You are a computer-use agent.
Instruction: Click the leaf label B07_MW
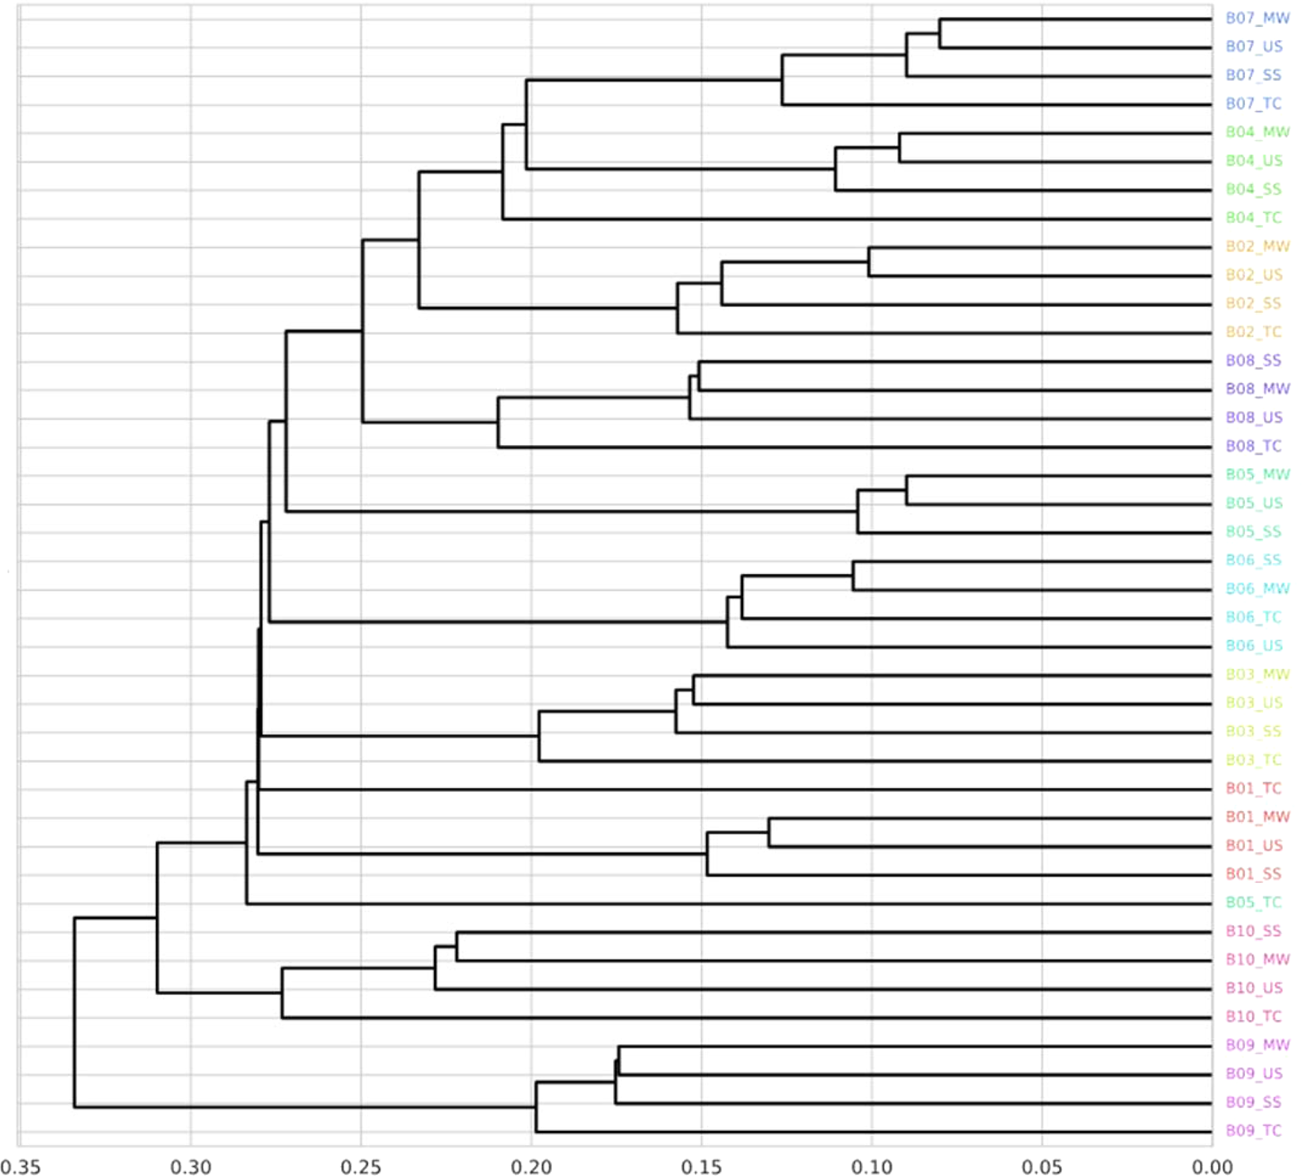coord(1257,18)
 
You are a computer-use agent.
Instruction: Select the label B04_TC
coord(1253,218)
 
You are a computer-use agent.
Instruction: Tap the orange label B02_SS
coord(1253,303)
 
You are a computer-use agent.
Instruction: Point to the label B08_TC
coord(1253,446)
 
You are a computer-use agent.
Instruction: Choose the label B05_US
coord(1254,503)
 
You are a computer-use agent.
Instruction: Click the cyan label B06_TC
coord(1253,617)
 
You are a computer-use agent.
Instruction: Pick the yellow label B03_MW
coord(1257,675)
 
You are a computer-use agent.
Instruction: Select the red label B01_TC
coord(1253,788)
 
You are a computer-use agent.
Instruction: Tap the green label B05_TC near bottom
coord(1253,902)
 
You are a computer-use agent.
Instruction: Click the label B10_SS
coord(1253,931)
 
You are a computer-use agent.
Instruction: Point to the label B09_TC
coord(1253,1131)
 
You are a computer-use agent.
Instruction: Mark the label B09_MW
coord(1257,1045)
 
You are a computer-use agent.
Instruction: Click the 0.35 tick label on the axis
coord(20,1166)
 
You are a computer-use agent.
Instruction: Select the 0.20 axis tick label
coord(531,1166)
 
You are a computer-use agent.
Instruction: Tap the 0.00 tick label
coord(1212,1166)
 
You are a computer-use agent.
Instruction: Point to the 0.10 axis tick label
coord(871,1166)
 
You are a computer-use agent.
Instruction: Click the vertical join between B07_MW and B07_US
coord(939,33)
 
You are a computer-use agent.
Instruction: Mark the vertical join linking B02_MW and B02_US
coord(869,262)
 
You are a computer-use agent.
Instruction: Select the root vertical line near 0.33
coord(74,1012)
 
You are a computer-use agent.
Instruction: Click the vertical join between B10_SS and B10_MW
coord(457,946)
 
